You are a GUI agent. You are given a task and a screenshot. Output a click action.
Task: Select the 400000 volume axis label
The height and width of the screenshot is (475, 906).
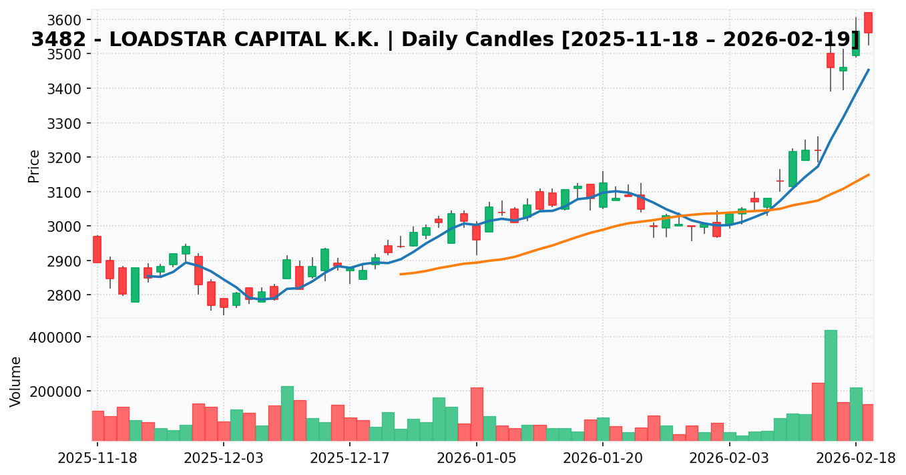click(x=58, y=337)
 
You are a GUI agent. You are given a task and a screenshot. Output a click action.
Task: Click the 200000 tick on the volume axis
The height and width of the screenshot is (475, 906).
click(x=58, y=391)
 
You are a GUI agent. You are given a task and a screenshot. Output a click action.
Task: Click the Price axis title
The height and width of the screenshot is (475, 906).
click(x=34, y=166)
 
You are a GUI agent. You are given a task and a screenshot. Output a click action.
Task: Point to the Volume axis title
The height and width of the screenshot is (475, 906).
click(x=16, y=381)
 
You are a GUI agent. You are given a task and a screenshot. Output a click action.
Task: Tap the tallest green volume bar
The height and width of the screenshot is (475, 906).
click(x=831, y=385)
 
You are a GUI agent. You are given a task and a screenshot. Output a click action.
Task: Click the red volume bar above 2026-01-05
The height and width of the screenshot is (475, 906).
click(x=477, y=414)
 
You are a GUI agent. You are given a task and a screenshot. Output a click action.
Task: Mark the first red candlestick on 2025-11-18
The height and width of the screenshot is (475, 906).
click(x=97, y=249)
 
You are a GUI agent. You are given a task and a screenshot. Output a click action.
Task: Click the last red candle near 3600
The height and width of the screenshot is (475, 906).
click(x=868, y=23)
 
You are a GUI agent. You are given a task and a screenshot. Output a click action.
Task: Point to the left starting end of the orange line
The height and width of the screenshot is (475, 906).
click(x=401, y=274)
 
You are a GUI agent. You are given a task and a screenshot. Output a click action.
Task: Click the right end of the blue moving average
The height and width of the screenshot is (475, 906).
click(x=868, y=69)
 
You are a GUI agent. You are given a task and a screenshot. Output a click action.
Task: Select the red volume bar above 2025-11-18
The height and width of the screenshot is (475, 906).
click(x=97, y=426)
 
